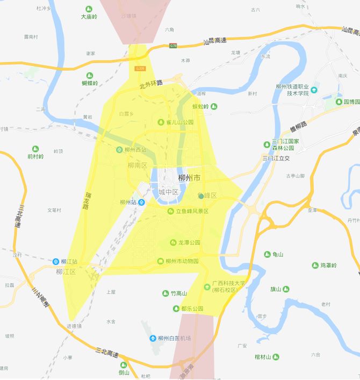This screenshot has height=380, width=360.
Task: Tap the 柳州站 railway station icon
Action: tap(141, 202)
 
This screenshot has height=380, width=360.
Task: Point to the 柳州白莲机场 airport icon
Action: tap(153, 339)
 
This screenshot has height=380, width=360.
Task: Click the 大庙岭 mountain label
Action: tap(89, 17)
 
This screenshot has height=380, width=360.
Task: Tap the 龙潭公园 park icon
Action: tap(173, 243)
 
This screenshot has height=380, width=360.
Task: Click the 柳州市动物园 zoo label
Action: tap(182, 261)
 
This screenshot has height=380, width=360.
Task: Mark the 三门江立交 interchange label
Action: tap(276, 158)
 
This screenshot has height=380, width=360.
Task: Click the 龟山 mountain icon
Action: tap(268, 254)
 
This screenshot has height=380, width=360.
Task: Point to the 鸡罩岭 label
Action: tap(328, 265)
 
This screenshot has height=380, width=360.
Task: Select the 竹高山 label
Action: tap(178, 294)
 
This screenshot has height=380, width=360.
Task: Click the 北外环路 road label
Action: tap(150, 85)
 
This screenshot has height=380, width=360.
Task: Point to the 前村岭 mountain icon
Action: tap(36, 148)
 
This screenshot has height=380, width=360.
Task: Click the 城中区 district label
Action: tap(168, 192)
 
